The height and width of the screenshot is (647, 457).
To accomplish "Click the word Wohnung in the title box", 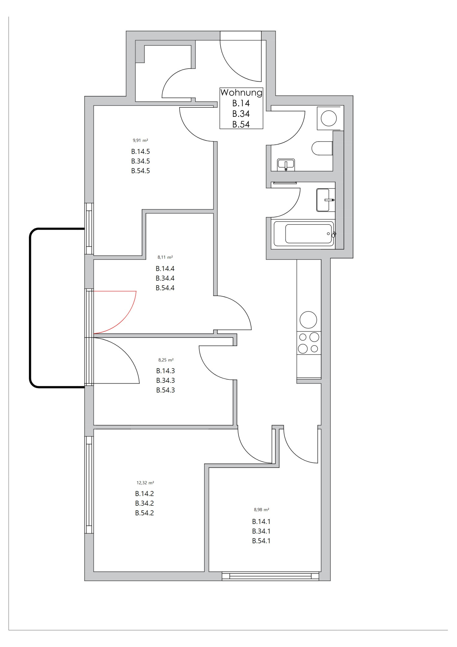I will click(241, 92).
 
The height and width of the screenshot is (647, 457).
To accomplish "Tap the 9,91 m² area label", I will click(140, 141).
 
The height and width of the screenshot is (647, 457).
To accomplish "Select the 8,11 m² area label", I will click(165, 257).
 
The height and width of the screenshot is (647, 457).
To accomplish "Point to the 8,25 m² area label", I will click(166, 360).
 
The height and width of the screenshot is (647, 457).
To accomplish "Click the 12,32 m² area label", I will click(145, 483).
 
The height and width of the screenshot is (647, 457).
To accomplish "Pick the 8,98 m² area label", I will click(262, 509).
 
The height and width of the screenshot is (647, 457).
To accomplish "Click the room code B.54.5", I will click(141, 171).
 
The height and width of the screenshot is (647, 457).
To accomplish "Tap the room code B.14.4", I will click(165, 268).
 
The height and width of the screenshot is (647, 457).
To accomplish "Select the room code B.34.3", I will click(166, 380).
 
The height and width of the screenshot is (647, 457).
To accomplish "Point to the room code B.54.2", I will click(145, 513).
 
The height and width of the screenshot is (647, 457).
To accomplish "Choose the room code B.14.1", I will click(261, 522).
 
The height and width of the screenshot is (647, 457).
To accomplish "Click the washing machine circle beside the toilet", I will click(329, 118).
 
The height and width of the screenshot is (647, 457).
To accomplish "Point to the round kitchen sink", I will click(308, 320).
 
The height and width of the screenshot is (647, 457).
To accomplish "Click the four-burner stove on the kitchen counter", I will click(309, 343).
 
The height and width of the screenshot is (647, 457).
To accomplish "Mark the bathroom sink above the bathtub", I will click(325, 200).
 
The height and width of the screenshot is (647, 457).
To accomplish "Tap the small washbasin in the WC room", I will click(286, 164).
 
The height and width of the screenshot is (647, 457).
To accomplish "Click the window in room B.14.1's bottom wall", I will click(270, 576).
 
